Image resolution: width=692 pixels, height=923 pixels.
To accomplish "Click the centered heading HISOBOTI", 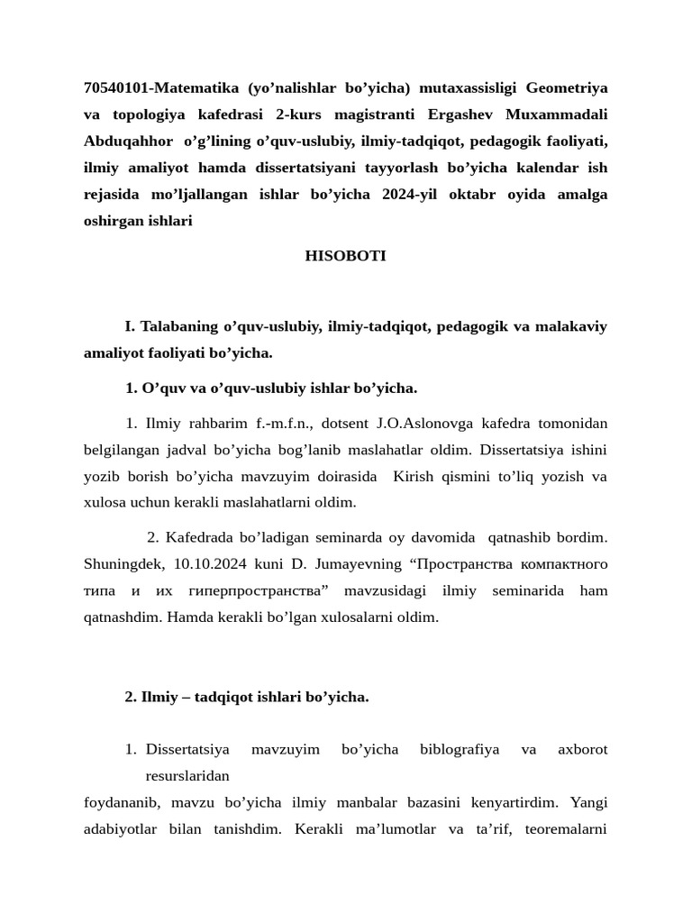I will click(x=345, y=256).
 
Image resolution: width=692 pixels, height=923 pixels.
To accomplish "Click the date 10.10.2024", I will click(x=208, y=564).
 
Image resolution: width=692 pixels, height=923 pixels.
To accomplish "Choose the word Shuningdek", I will click(x=124, y=564).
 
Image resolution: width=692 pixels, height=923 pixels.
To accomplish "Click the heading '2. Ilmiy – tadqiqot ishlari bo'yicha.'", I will click(x=246, y=697).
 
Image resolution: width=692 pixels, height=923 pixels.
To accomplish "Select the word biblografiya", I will click(x=460, y=749).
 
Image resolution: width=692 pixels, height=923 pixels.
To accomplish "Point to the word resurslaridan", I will click(x=187, y=775).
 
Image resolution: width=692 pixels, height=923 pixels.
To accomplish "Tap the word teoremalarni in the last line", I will click(x=568, y=827).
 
